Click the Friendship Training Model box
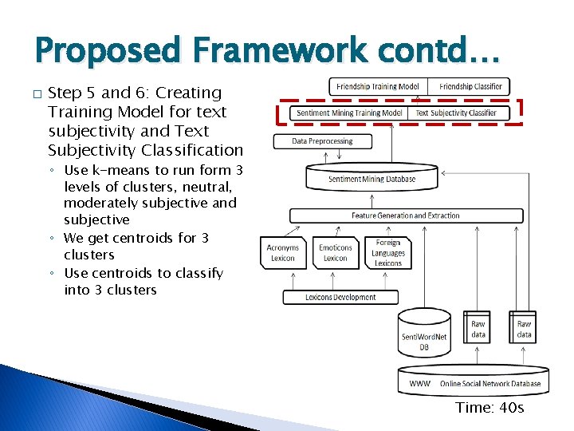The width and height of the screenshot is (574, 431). (x=378, y=86)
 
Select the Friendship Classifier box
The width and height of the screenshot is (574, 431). (x=470, y=86)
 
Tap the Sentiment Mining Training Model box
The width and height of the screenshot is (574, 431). (x=349, y=113)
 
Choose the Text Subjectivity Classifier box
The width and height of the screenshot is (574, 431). (x=456, y=113)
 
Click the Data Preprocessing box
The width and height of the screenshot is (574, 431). (x=322, y=141)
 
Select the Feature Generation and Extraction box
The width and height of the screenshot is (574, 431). (x=406, y=215)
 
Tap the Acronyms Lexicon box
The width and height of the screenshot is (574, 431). (x=283, y=253)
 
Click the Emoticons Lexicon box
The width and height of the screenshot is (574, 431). (x=336, y=253)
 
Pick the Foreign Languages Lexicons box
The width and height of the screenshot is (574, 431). (x=388, y=253)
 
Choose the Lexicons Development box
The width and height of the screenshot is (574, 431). (x=340, y=298)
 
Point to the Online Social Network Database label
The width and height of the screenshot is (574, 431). (x=489, y=384)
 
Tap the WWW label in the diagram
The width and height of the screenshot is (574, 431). (x=420, y=384)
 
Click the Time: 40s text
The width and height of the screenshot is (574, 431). (x=489, y=408)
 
